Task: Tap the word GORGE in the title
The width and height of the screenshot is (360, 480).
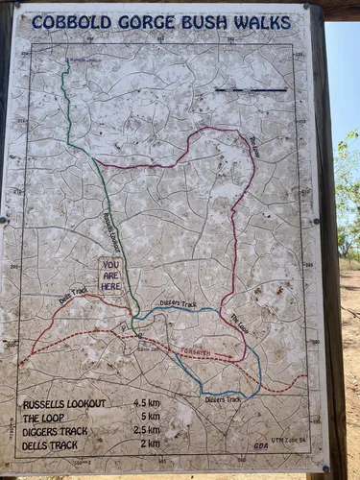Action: pos(141,23)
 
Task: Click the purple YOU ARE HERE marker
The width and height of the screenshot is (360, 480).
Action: pos(110,275)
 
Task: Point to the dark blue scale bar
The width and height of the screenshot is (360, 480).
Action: pos(251,90)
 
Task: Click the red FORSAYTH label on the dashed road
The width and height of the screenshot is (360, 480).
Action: pos(196,352)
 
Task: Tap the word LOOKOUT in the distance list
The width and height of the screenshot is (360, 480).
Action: pos(89,404)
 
